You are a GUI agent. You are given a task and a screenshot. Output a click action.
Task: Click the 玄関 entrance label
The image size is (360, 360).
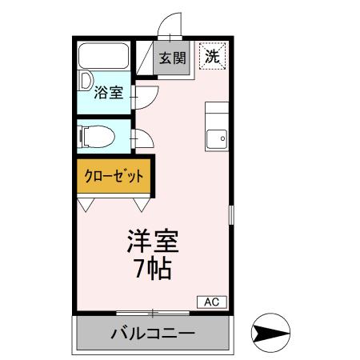172,58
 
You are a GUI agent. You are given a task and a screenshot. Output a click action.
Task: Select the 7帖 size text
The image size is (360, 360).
152,270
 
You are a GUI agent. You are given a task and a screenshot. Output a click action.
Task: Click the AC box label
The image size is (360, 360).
212,302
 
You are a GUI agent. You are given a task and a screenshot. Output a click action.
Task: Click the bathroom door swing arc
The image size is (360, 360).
144,95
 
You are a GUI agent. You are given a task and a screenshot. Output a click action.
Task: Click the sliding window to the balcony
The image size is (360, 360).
152,311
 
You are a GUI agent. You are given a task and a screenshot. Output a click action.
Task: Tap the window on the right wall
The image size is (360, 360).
231,215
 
